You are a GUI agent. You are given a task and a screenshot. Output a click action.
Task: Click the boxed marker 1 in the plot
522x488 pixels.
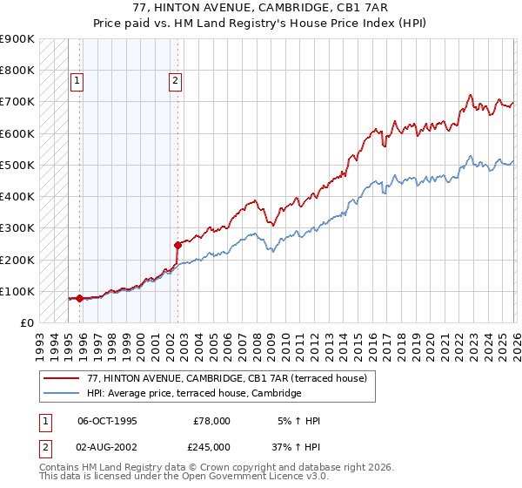(77, 81)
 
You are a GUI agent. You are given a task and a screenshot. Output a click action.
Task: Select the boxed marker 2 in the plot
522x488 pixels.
(175, 81)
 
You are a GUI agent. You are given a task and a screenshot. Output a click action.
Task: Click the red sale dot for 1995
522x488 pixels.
(80, 298)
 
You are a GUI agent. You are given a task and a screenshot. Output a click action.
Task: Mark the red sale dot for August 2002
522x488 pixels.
(177, 245)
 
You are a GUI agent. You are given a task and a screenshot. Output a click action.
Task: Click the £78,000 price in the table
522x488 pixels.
(212, 421)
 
